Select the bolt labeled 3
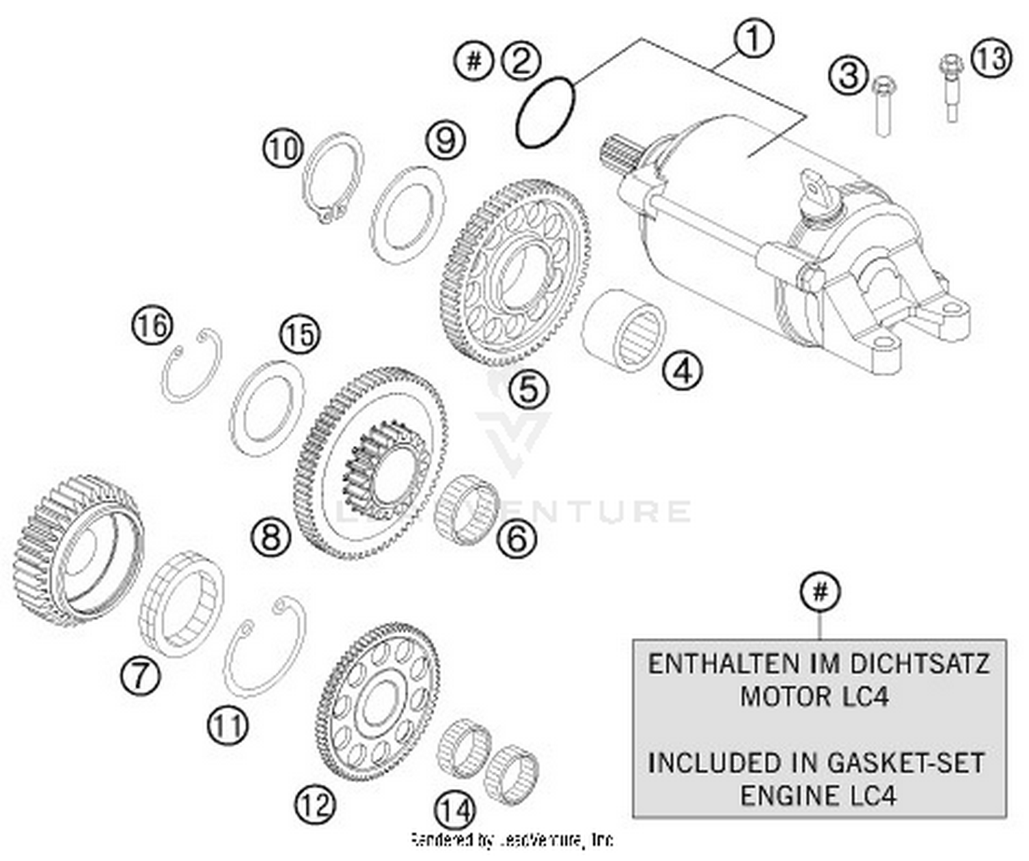click(x=883, y=106)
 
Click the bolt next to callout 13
click(x=951, y=89)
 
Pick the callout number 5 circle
click(x=528, y=389)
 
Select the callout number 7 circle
click(x=140, y=676)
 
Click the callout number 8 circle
click(x=270, y=536)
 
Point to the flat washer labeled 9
click(x=407, y=215)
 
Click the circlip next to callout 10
click(x=333, y=177)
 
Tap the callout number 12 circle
click(x=315, y=803)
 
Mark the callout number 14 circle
click(x=455, y=810)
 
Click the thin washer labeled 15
click(x=267, y=408)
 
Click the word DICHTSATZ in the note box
click(x=920, y=664)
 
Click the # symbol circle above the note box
click(x=820, y=591)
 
